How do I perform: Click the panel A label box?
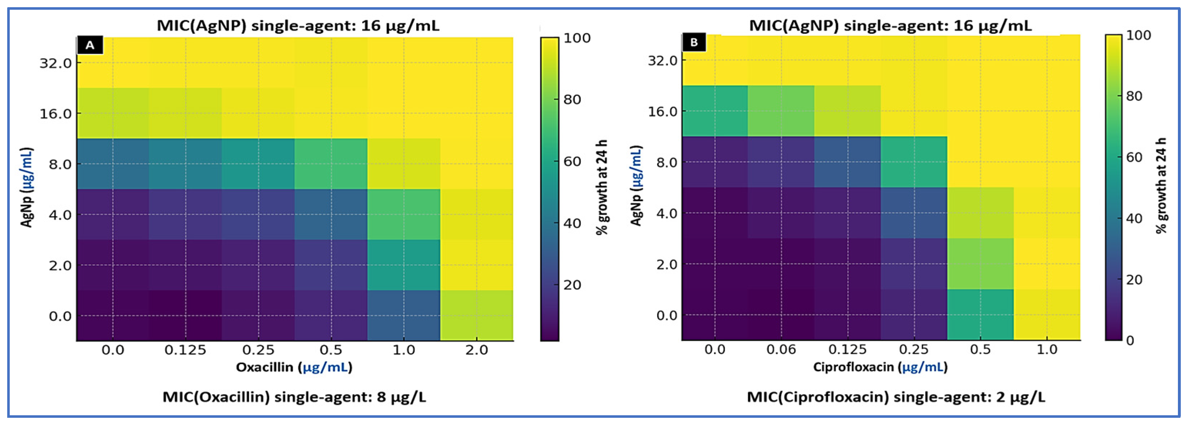(90, 45)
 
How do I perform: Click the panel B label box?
(694, 43)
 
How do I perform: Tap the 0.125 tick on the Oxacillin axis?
(185, 350)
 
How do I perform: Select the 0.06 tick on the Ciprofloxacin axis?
(781, 350)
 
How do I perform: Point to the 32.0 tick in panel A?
(56, 63)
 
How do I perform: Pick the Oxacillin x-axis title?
(294, 367)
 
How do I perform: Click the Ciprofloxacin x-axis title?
(880, 367)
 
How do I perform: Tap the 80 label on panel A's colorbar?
(572, 100)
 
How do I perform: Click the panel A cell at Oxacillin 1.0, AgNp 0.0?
(404, 316)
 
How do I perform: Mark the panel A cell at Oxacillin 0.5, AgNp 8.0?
(331, 164)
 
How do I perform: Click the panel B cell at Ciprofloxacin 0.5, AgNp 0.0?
(980, 315)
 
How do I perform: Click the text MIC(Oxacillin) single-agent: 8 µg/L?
(294, 397)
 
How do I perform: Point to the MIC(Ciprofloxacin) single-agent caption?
(896, 397)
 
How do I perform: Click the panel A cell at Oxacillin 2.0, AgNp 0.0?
(476, 316)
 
